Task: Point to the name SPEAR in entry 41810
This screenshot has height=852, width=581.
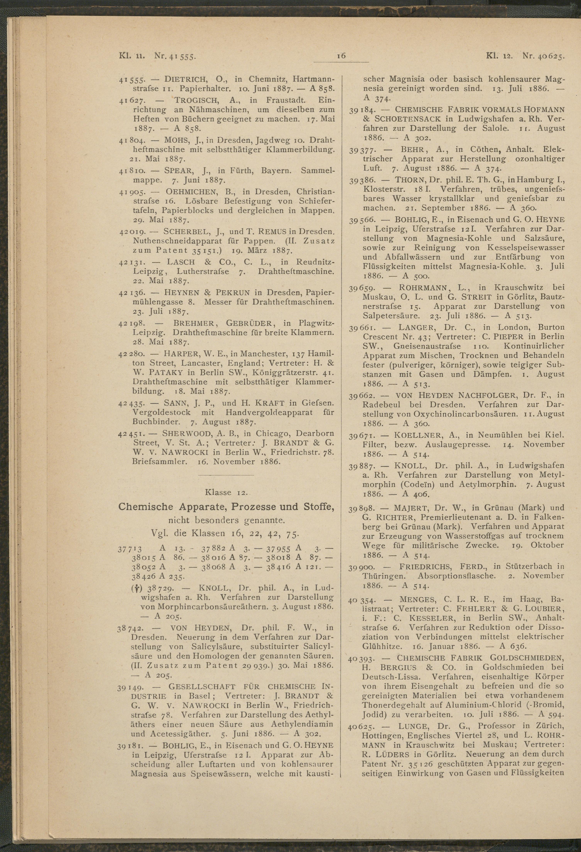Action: point(179,171)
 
